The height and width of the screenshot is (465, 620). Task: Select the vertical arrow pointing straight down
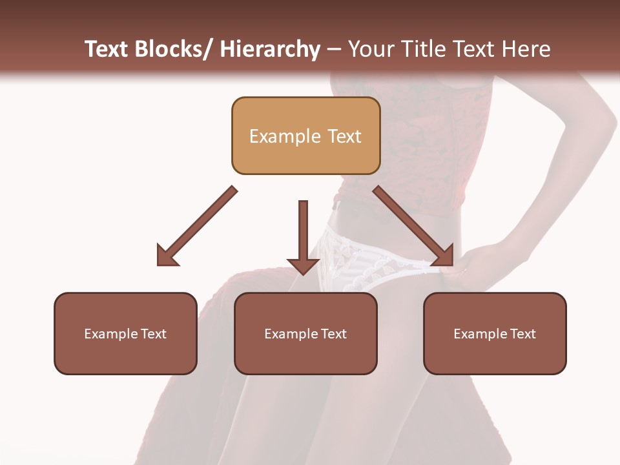click(x=303, y=236)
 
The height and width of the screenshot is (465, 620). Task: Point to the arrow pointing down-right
click(x=413, y=226)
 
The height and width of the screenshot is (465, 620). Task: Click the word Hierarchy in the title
click(x=270, y=49)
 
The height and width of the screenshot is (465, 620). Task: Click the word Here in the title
click(x=528, y=49)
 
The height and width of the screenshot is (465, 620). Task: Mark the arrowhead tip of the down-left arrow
click(x=158, y=265)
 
